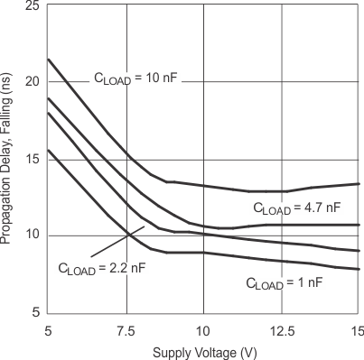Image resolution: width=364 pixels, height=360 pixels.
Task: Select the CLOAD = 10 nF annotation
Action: [x=136, y=78]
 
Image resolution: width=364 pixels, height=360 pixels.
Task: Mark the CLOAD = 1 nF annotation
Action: [x=284, y=282]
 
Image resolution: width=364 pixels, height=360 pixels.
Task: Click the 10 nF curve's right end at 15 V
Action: [x=359, y=183]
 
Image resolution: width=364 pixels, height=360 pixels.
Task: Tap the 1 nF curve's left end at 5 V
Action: [x=48, y=150]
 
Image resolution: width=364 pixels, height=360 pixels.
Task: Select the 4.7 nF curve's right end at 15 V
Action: [x=359, y=225]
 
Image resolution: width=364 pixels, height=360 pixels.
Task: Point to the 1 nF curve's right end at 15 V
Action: [x=359, y=269]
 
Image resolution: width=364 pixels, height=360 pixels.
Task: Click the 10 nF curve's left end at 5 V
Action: [x=48, y=60]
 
